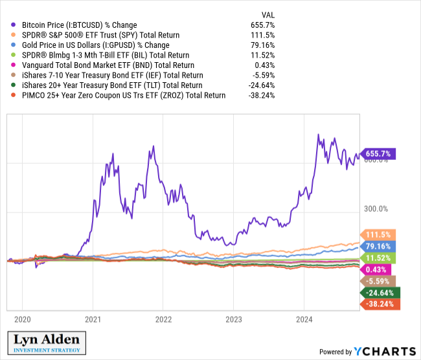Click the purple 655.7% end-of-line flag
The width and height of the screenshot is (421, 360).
click(379, 153)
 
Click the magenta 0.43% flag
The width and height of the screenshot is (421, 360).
click(375, 269)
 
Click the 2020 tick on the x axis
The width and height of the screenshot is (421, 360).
click(22, 319)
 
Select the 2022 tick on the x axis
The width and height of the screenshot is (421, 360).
click(163, 319)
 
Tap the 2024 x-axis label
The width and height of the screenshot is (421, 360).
click(304, 319)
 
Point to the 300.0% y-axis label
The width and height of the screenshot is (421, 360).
click(374, 208)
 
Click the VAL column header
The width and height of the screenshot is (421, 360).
click(267, 13)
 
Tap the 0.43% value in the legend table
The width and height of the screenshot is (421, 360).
click(266, 65)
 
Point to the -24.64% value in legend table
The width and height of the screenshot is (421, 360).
click(262, 85)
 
